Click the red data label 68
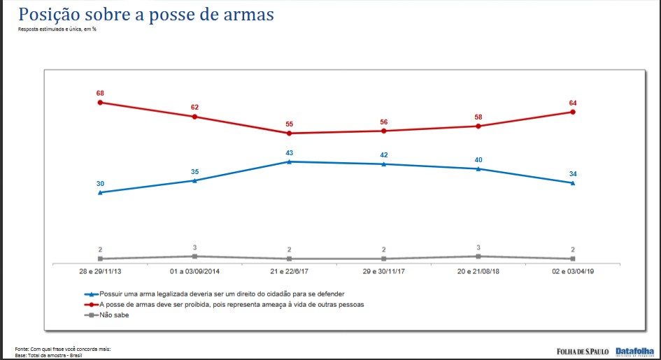point(100,92)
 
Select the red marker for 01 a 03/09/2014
point(194,117)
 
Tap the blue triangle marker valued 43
point(290,161)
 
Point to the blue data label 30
point(100,183)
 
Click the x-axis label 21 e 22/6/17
point(289,271)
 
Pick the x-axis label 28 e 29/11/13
point(100,271)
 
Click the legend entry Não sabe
point(115,315)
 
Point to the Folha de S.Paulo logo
point(583,351)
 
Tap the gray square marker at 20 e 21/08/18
point(478,257)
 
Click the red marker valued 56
point(384,131)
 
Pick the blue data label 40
point(478,160)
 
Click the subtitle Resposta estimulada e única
point(57,29)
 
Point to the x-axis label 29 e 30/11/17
point(384,271)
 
